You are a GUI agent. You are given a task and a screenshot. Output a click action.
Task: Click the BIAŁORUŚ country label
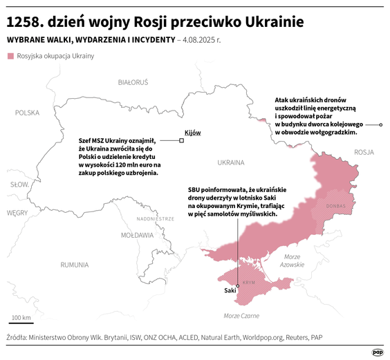click(133, 82)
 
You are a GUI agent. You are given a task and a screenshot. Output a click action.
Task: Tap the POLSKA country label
click(28, 112)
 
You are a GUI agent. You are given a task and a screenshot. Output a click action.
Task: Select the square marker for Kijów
click(181, 140)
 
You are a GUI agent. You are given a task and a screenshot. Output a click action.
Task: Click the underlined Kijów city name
click(192, 132)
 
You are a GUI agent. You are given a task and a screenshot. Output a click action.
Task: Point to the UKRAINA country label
click(231, 163)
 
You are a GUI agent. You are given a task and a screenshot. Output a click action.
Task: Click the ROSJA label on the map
click(363, 151)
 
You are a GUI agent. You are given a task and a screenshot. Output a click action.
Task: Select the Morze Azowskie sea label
click(292, 260)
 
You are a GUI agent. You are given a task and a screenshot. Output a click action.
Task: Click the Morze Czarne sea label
click(241, 316)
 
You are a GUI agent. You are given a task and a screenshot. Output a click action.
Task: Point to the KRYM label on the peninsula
click(250, 283)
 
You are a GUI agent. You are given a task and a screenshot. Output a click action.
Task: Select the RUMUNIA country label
click(74, 265)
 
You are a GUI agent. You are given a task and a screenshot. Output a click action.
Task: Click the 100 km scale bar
click(21, 322)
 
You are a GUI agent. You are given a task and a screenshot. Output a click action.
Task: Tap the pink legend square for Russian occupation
click(10, 55)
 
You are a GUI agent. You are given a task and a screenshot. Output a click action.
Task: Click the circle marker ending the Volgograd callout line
click(380, 124)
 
